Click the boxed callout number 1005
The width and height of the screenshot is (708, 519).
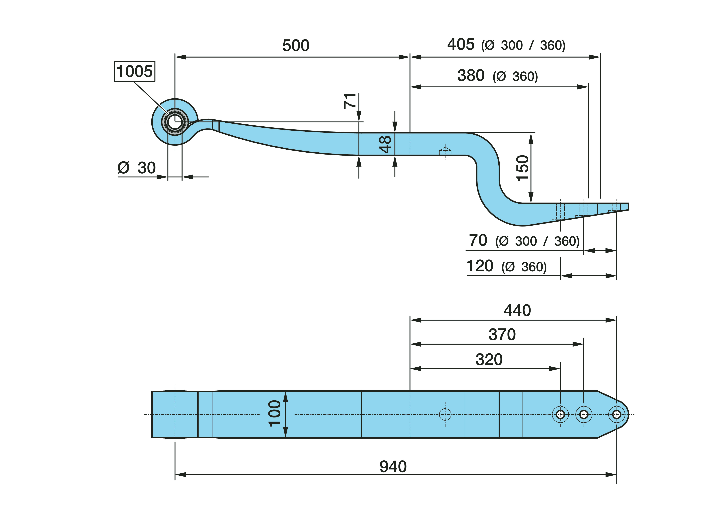point(134,71)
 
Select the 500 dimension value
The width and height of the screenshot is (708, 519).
point(296,46)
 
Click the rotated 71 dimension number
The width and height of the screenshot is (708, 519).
point(350,101)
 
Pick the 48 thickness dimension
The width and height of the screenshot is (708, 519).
point(385,144)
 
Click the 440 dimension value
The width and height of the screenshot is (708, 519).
point(517,310)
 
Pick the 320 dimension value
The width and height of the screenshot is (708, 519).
point(489,359)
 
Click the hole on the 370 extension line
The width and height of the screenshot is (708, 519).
point(584,415)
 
